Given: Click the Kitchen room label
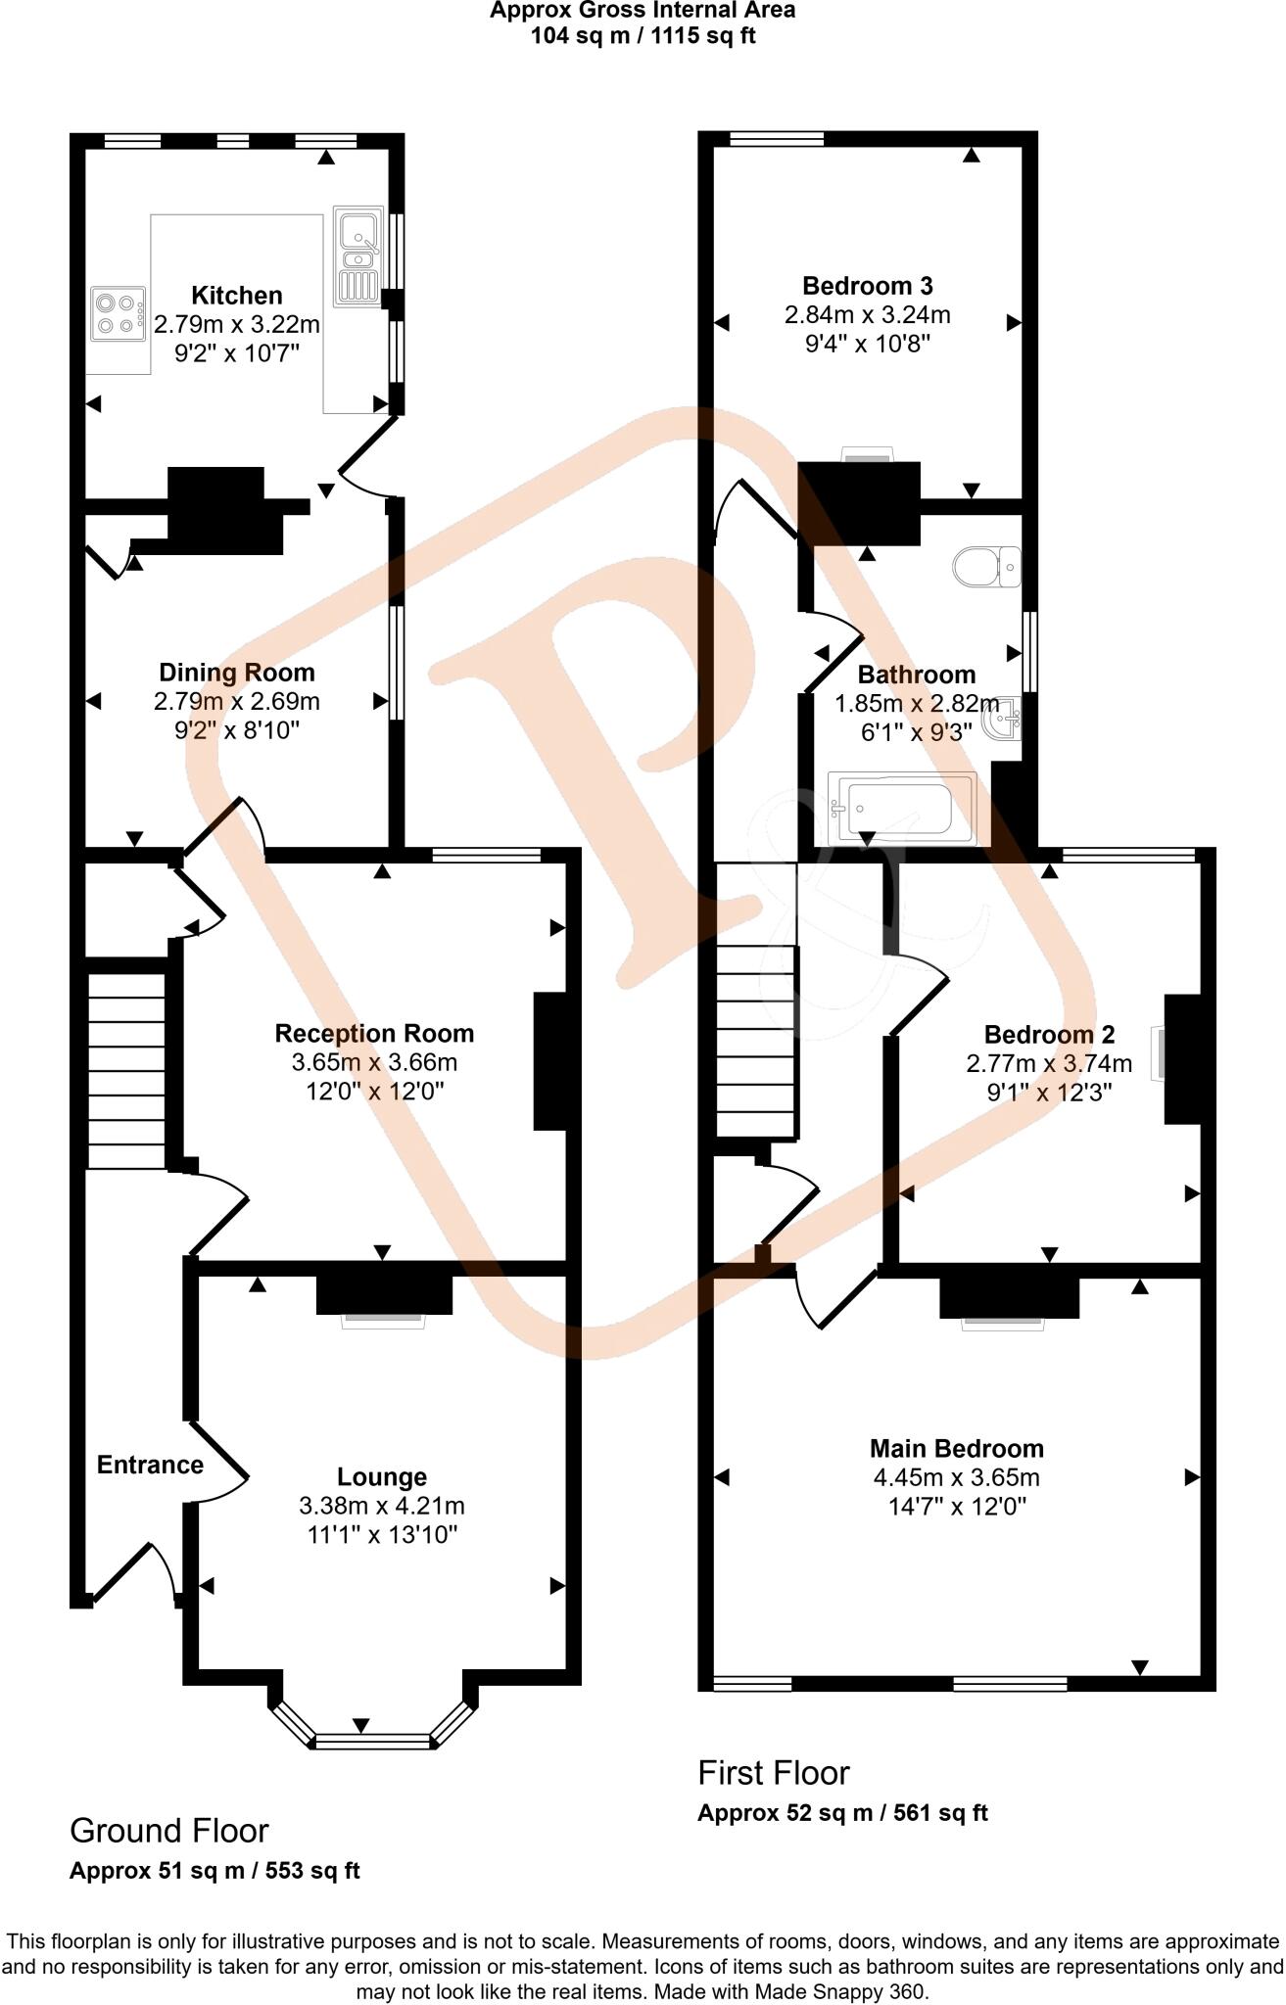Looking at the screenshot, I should coord(236,296).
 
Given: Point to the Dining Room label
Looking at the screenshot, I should coord(237,673).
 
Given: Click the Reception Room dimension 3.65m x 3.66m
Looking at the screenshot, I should coord(374,1062).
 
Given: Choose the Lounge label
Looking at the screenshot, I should coord(382,1477).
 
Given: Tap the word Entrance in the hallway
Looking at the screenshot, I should coord(150,1465).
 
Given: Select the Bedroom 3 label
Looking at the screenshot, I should coord(867,286).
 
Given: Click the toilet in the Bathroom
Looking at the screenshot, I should coord(986,566).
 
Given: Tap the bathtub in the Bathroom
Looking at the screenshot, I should coord(902,809).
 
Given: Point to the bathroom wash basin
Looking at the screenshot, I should coord(1003,720).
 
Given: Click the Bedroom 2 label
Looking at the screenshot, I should coord(1049,1035).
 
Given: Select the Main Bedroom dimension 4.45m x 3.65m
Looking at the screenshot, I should coord(956,1477).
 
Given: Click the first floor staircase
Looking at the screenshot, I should coord(754,1041).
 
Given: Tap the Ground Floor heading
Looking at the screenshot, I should coord(168,1830).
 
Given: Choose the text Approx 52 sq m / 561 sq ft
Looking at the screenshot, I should coord(842,1812).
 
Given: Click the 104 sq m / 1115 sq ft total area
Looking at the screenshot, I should coord(643,36).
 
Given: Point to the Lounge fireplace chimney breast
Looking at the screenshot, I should coord(384,1294).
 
